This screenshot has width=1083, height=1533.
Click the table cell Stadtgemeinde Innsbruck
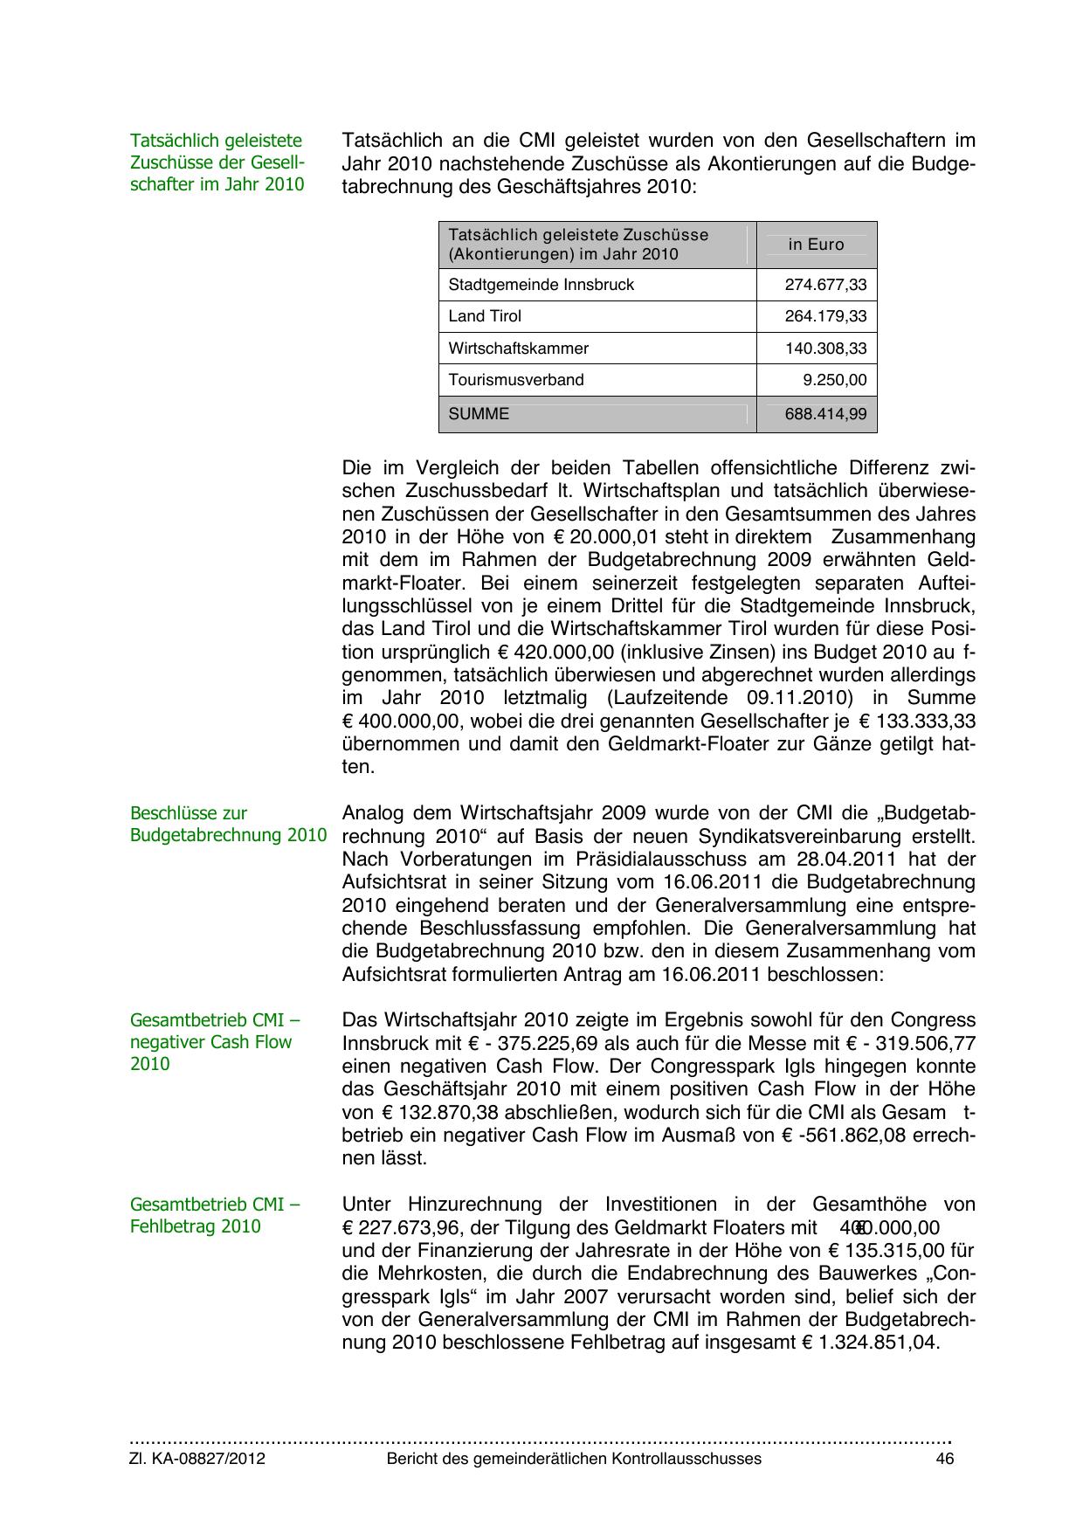click(x=541, y=285)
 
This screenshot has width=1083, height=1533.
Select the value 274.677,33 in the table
click(x=825, y=285)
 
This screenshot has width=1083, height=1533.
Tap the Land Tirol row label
click(x=485, y=316)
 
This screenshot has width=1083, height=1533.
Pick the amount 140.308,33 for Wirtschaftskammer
click(x=825, y=349)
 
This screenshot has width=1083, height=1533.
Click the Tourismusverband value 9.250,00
click(x=835, y=380)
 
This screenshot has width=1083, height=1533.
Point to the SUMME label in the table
click(x=479, y=414)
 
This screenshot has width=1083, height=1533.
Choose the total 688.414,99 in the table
click(x=825, y=414)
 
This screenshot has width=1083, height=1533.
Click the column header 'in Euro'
click(x=816, y=245)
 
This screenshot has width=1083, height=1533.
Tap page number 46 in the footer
click(x=944, y=1459)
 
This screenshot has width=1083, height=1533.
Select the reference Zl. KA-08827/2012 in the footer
click(x=197, y=1459)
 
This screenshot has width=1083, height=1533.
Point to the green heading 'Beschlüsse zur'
click(x=189, y=813)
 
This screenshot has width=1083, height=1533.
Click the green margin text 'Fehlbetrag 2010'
click(x=196, y=1226)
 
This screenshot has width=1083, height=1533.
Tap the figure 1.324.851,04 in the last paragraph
click(x=876, y=1343)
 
